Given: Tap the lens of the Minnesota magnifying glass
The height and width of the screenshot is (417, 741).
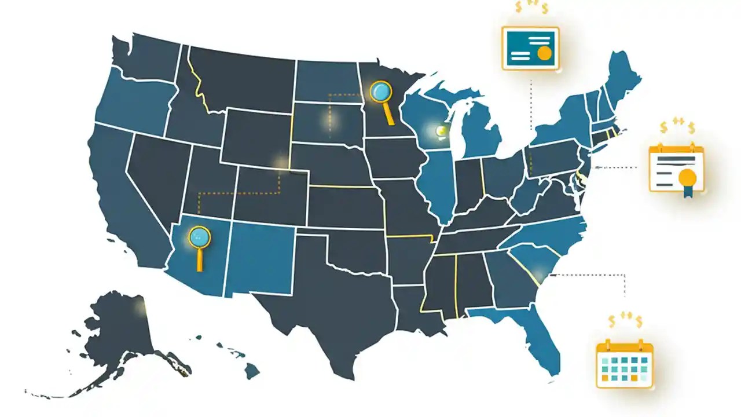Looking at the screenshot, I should click(x=379, y=91).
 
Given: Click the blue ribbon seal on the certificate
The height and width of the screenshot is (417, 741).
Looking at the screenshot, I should click(x=687, y=178).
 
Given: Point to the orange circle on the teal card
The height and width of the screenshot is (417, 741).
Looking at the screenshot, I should click(x=544, y=53).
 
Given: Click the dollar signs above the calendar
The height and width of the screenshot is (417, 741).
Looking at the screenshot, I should click(x=625, y=320).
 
